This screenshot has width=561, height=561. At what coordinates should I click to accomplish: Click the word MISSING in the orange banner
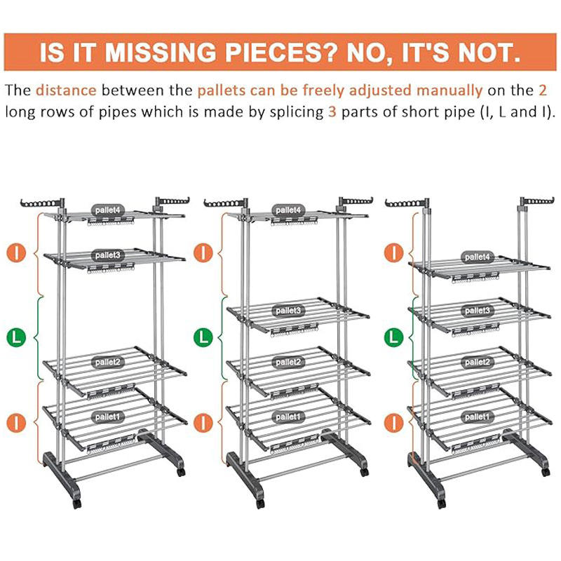coord(161,52)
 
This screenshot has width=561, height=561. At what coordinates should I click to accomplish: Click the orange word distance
coord(66,90)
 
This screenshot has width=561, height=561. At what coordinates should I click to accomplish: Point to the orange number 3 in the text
coord(332,112)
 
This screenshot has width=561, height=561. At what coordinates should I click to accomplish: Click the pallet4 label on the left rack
coord(107,210)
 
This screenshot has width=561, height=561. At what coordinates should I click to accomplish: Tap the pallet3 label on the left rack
coord(107,255)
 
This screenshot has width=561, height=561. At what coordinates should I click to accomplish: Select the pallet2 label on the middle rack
coord(288,363)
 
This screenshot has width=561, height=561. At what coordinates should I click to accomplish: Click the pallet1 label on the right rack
coord(477,417)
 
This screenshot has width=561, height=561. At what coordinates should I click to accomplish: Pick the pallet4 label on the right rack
coord(477,257)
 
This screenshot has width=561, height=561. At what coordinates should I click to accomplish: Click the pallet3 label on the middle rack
coord(288,311)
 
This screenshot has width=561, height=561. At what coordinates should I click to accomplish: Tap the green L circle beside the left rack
coord(16,337)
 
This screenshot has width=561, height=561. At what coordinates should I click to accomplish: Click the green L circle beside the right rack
coord(393,337)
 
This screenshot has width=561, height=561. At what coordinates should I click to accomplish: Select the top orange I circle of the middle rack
coord(203,252)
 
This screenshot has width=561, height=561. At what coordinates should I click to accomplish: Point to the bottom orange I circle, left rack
coord(16,423)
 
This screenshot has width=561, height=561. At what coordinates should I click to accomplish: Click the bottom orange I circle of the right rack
coord(393,423)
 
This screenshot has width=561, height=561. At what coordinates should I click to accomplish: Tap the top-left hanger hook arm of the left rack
coord(39,203)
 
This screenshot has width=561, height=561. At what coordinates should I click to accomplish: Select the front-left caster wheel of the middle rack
coord(260,503)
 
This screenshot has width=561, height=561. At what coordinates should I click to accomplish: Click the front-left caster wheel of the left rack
coord(77,503)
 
